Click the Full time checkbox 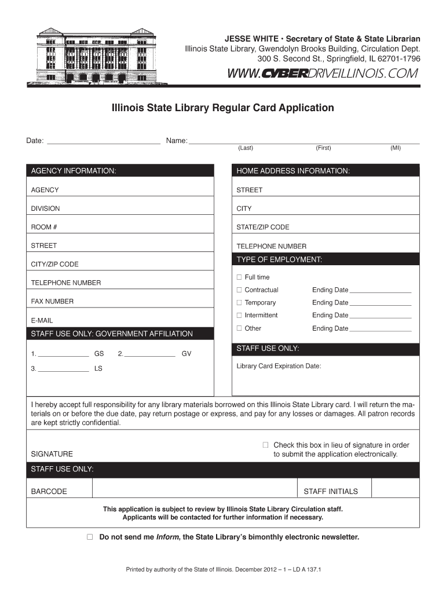tap(238, 277)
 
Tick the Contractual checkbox tap(238, 290)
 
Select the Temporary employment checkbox tap(238, 303)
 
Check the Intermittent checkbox tap(238, 316)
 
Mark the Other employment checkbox tap(238, 328)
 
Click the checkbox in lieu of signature tap(265, 445)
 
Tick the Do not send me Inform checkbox tap(90, 537)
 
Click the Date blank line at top tap(103, 141)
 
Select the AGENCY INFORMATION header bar tap(120, 171)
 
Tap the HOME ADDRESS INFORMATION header tap(326, 171)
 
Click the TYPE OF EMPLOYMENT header tap(326, 259)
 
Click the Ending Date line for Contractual tap(381, 291)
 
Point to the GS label tap(99, 353)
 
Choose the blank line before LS tap(64, 369)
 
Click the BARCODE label tap(49, 492)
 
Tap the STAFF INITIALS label tap(331, 492)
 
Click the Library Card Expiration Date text tap(279, 366)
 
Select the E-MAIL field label tap(42, 320)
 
